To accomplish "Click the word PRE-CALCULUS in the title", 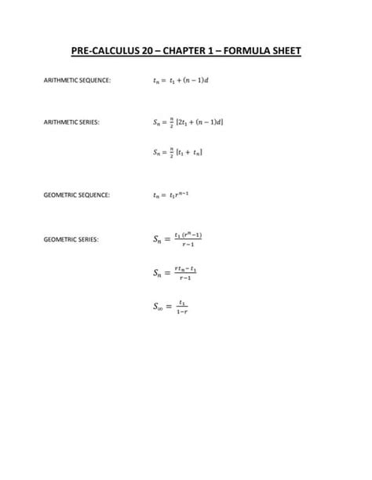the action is [x=104, y=53].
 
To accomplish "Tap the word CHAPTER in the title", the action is [x=188, y=53].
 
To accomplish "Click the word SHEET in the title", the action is [x=289, y=53].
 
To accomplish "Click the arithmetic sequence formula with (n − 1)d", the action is [x=183, y=80].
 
